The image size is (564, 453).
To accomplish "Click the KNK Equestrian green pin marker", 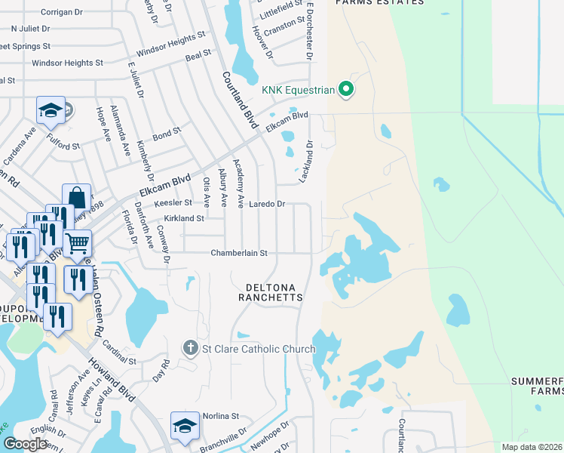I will coord(347,90).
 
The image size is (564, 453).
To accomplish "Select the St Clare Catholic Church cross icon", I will coord(189,348).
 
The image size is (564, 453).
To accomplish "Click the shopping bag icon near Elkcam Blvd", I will coord(77,198).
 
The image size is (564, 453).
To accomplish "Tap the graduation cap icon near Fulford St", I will coord(51,111).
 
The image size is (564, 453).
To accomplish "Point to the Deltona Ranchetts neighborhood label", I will coord(271,292).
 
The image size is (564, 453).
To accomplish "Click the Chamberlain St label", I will coord(239,254).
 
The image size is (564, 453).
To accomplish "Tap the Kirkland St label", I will coord(185,218).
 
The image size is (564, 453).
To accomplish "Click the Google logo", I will coord(25,444).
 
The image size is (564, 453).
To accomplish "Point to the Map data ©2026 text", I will coord(532,447).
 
